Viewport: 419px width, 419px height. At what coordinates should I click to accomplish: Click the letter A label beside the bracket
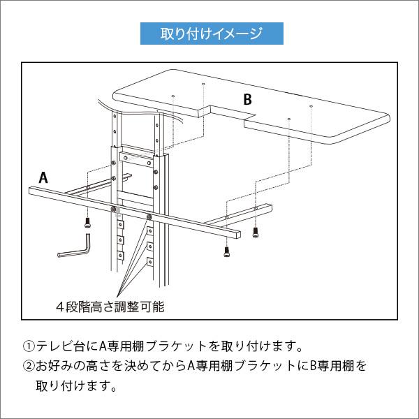coord(43,177)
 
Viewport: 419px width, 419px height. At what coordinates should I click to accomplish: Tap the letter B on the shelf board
coord(247,99)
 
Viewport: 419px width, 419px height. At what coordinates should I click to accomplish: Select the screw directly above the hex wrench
coord(87,223)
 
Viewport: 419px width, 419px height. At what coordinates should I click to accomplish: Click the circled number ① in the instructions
coord(29,346)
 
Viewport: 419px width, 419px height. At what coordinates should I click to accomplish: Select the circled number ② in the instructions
coord(29,365)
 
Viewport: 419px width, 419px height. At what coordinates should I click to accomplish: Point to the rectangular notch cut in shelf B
coord(227,114)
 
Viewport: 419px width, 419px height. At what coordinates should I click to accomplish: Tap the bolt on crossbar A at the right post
coord(149,216)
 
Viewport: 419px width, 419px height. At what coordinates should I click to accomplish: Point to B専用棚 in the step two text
coord(334,365)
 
